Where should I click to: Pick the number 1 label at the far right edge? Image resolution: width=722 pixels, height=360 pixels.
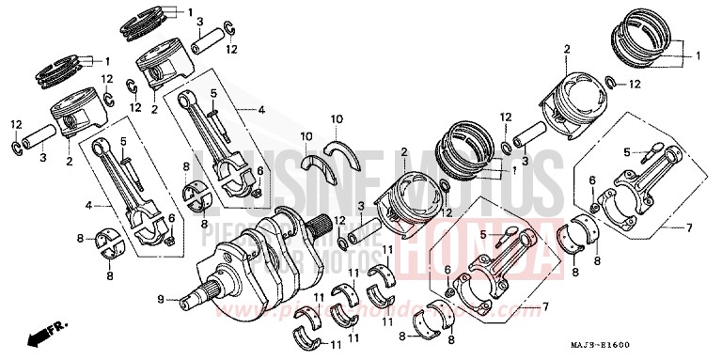click(698, 56)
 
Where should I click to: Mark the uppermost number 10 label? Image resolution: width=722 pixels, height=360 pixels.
click(337, 118)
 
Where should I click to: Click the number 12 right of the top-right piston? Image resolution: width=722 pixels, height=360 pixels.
click(636, 85)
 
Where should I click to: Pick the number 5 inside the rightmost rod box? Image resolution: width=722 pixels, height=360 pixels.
click(626, 151)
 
